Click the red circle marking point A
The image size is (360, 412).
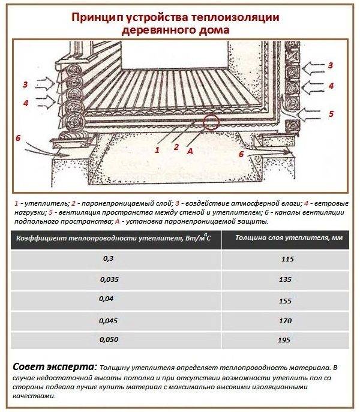tap(211, 122)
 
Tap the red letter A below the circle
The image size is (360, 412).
tap(190, 152)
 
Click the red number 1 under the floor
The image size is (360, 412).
tap(157, 149)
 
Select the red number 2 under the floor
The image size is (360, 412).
tap(176, 146)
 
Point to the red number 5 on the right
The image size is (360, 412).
tap(331, 113)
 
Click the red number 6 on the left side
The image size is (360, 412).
tap(18, 138)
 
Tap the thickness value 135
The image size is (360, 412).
tap(285, 279)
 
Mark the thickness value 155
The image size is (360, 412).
tap(285, 300)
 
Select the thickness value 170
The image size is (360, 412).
tap(285, 320)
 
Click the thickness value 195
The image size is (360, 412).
tap(285, 340)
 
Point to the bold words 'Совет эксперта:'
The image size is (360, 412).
tap(53, 366)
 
